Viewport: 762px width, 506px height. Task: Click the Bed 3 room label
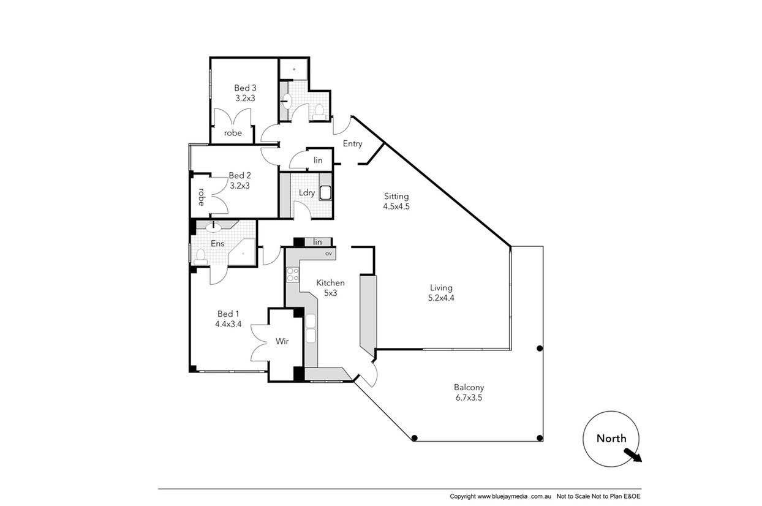pos(245,88)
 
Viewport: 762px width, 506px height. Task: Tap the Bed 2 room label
pos(240,176)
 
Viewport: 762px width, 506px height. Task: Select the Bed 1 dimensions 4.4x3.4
pos(228,324)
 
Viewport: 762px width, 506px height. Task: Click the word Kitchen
pos(330,283)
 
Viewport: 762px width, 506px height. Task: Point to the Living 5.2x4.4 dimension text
pos(441,298)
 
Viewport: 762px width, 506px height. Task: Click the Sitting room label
pos(396,197)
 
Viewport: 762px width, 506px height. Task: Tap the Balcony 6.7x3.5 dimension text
pos(469,398)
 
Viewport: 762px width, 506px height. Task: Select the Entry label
pos(352,143)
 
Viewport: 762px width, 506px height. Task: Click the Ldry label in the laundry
pos(307,192)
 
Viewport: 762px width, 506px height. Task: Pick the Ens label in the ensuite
pos(217,244)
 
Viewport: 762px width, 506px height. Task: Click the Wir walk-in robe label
pos(282,341)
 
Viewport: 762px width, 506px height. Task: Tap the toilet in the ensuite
pos(200,257)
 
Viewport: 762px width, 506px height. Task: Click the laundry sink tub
pos(325,193)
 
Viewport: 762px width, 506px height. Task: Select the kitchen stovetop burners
pos(293,274)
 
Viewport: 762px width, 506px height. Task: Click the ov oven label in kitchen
pos(328,254)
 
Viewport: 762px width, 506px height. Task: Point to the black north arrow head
pos(636,458)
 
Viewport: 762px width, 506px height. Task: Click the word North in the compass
pos(611,438)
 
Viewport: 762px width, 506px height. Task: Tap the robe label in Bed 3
pos(233,133)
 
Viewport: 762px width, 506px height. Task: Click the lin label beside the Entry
pos(318,160)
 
